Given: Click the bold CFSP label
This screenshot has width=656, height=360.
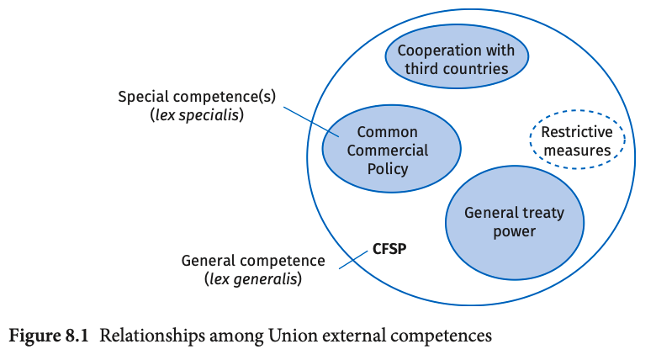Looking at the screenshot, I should pos(389,249).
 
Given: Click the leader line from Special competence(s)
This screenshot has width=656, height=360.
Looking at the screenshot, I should pos(311,121).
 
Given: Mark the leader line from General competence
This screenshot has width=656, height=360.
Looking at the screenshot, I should pos(354,259).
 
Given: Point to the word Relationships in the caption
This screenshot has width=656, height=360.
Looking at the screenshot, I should pos(141,336).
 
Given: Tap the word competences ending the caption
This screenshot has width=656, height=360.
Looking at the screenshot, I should pos(437,336).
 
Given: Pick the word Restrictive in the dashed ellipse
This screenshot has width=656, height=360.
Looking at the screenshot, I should pos(576,133).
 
